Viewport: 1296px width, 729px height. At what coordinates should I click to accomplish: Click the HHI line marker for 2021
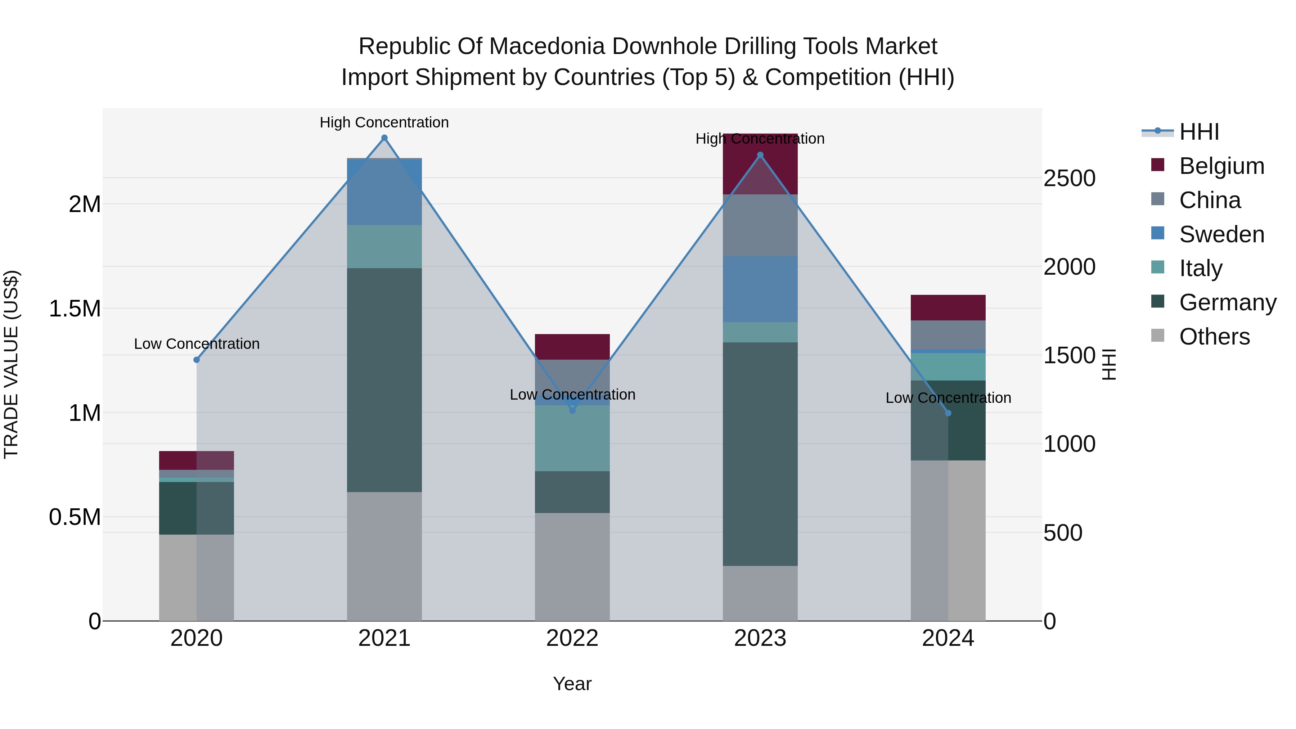[x=384, y=138]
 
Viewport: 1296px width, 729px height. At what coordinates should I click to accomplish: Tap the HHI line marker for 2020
[x=197, y=360]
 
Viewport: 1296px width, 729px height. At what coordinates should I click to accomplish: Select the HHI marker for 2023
[x=760, y=155]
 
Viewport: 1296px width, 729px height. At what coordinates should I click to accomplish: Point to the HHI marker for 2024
[x=948, y=413]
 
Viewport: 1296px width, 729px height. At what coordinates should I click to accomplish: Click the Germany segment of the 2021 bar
[x=384, y=380]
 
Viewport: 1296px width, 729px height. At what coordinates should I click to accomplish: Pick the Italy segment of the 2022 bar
[x=572, y=438]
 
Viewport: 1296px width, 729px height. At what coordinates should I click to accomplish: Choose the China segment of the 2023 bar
[x=760, y=225]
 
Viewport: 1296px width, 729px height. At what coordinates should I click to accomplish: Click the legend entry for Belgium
[x=1221, y=166]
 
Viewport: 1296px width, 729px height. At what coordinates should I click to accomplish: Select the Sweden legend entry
[x=1221, y=234]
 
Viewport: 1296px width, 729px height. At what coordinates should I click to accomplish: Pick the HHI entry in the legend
[x=1198, y=132]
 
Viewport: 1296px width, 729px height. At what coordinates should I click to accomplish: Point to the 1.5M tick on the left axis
[x=75, y=309]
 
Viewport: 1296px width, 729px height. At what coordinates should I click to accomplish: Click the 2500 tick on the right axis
[x=1069, y=178]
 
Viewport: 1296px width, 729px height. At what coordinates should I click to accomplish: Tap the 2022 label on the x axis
[x=572, y=638]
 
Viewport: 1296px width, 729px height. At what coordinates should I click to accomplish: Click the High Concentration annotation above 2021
[x=384, y=122]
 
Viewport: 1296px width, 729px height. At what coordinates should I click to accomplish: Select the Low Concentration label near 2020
[x=197, y=344]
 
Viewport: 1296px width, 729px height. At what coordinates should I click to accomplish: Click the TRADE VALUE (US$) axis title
[x=11, y=364]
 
